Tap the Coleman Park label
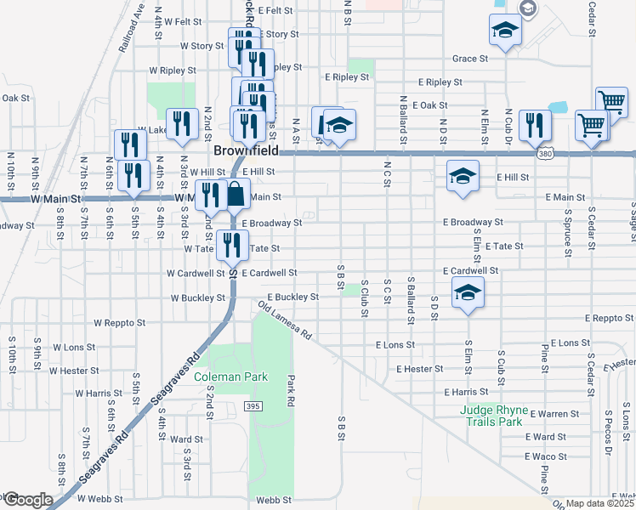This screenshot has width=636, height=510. point(230,377)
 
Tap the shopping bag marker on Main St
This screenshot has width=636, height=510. point(236,195)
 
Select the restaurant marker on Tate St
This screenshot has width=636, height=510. point(231,245)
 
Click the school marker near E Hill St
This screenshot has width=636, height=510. point(462,177)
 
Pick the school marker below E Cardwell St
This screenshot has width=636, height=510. point(466,294)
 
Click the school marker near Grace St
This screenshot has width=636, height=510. point(505,31)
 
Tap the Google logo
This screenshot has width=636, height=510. point(27,500)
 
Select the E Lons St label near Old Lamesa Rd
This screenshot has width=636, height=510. point(395,345)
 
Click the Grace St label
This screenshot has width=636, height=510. point(470,59)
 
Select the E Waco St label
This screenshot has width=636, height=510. point(545,456)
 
